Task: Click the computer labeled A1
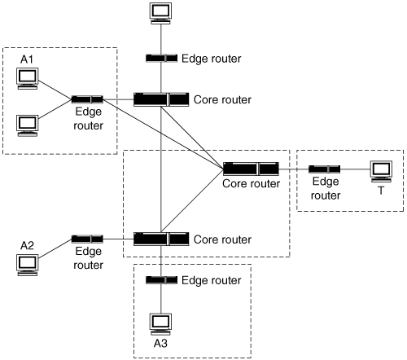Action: tap(27, 79)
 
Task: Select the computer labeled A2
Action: tap(27, 266)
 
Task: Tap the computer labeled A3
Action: tap(161, 324)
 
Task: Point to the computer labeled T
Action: tap(381, 172)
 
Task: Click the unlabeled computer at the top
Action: tap(161, 14)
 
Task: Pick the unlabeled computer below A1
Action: tap(27, 125)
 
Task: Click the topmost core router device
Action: tap(161, 99)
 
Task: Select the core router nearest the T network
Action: tap(251, 169)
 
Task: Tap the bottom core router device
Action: tap(161, 239)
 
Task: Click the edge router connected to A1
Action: tap(87, 99)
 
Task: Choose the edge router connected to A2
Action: tap(87, 239)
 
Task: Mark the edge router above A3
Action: tap(161, 280)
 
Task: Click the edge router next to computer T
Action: tap(324, 169)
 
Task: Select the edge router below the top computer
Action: tap(161, 58)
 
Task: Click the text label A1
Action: tap(27, 59)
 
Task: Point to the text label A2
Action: tap(27, 246)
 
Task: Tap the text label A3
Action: tap(160, 344)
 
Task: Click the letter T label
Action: tap(381, 191)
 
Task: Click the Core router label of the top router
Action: tap(222, 99)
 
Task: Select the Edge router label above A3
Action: tap(212, 280)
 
